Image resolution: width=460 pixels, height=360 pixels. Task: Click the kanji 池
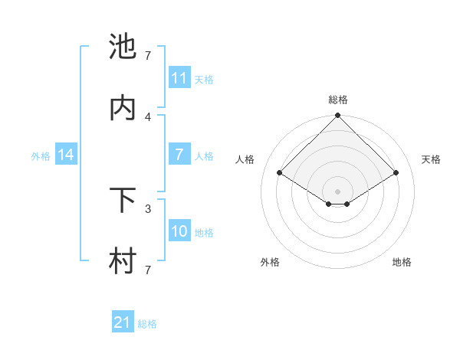point(123,47)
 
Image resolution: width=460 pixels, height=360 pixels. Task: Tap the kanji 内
point(123,108)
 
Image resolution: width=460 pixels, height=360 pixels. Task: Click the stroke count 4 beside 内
point(148,116)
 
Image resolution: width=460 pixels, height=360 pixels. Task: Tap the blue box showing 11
point(179,78)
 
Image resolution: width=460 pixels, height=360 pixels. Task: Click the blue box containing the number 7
point(179,155)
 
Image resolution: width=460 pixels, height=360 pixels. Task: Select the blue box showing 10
point(179,231)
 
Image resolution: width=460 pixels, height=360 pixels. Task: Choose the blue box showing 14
point(66,155)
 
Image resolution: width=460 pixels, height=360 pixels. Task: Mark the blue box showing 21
point(123,322)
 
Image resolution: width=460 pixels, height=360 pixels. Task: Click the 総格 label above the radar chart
point(337,100)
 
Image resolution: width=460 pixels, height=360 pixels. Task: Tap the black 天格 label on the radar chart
point(432,159)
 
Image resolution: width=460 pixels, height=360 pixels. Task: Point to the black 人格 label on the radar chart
point(245,159)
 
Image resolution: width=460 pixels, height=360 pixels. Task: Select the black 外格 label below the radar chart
point(270,262)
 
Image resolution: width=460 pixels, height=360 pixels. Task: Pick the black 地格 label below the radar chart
point(402,262)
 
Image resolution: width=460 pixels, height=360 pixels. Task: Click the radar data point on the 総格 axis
point(337,116)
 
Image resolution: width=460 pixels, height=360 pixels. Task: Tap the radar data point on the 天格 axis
point(396,172)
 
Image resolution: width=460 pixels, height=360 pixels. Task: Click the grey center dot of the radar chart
point(337,191)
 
